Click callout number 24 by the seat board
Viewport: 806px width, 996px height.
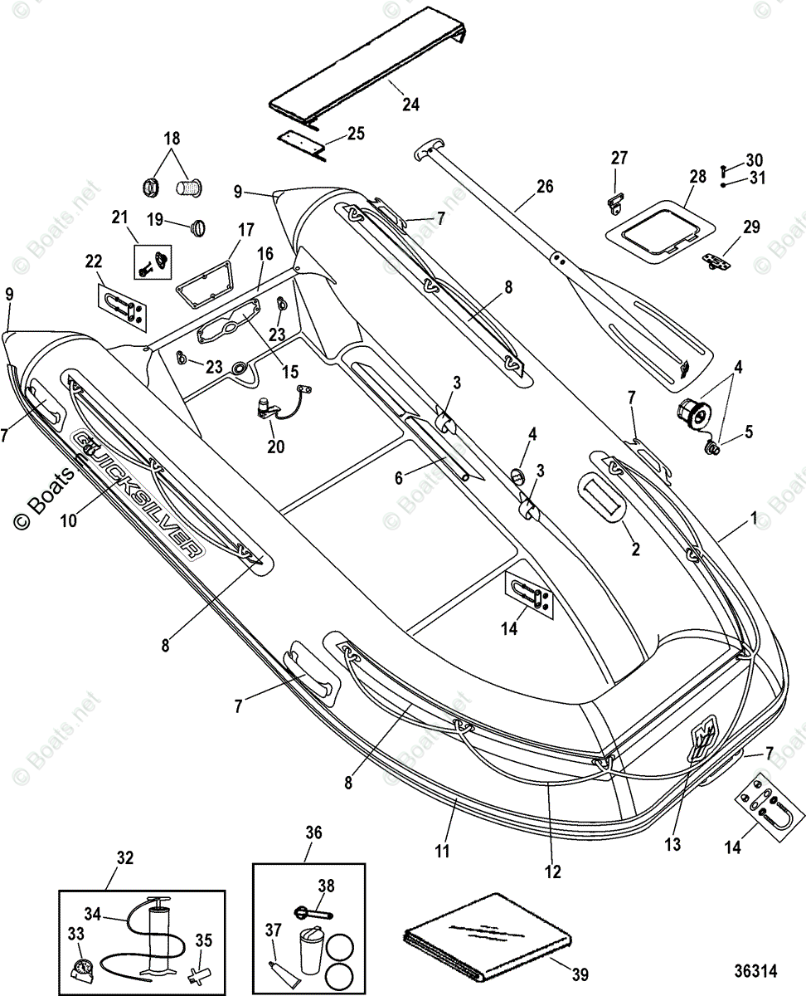coord(410,105)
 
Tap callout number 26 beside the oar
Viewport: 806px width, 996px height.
coord(544,186)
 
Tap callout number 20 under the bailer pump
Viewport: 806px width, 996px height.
coord(275,447)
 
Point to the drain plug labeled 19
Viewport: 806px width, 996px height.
coord(199,226)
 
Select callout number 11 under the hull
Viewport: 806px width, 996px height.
coord(442,851)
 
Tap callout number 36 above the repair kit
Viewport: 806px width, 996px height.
coord(313,832)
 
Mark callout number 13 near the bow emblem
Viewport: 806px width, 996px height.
coord(672,844)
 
